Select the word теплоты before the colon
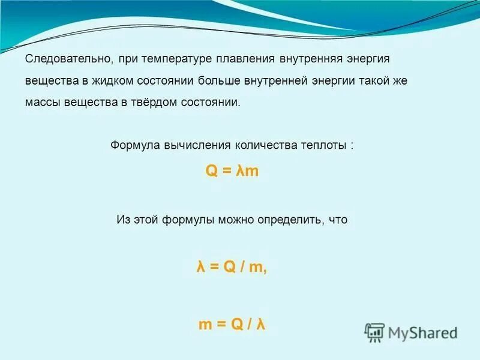click(323, 146)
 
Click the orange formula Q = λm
click(232, 171)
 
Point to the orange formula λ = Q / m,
click(232, 268)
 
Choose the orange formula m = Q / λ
click(232, 325)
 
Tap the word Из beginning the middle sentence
click(122, 220)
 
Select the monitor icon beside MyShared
click(375, 332)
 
